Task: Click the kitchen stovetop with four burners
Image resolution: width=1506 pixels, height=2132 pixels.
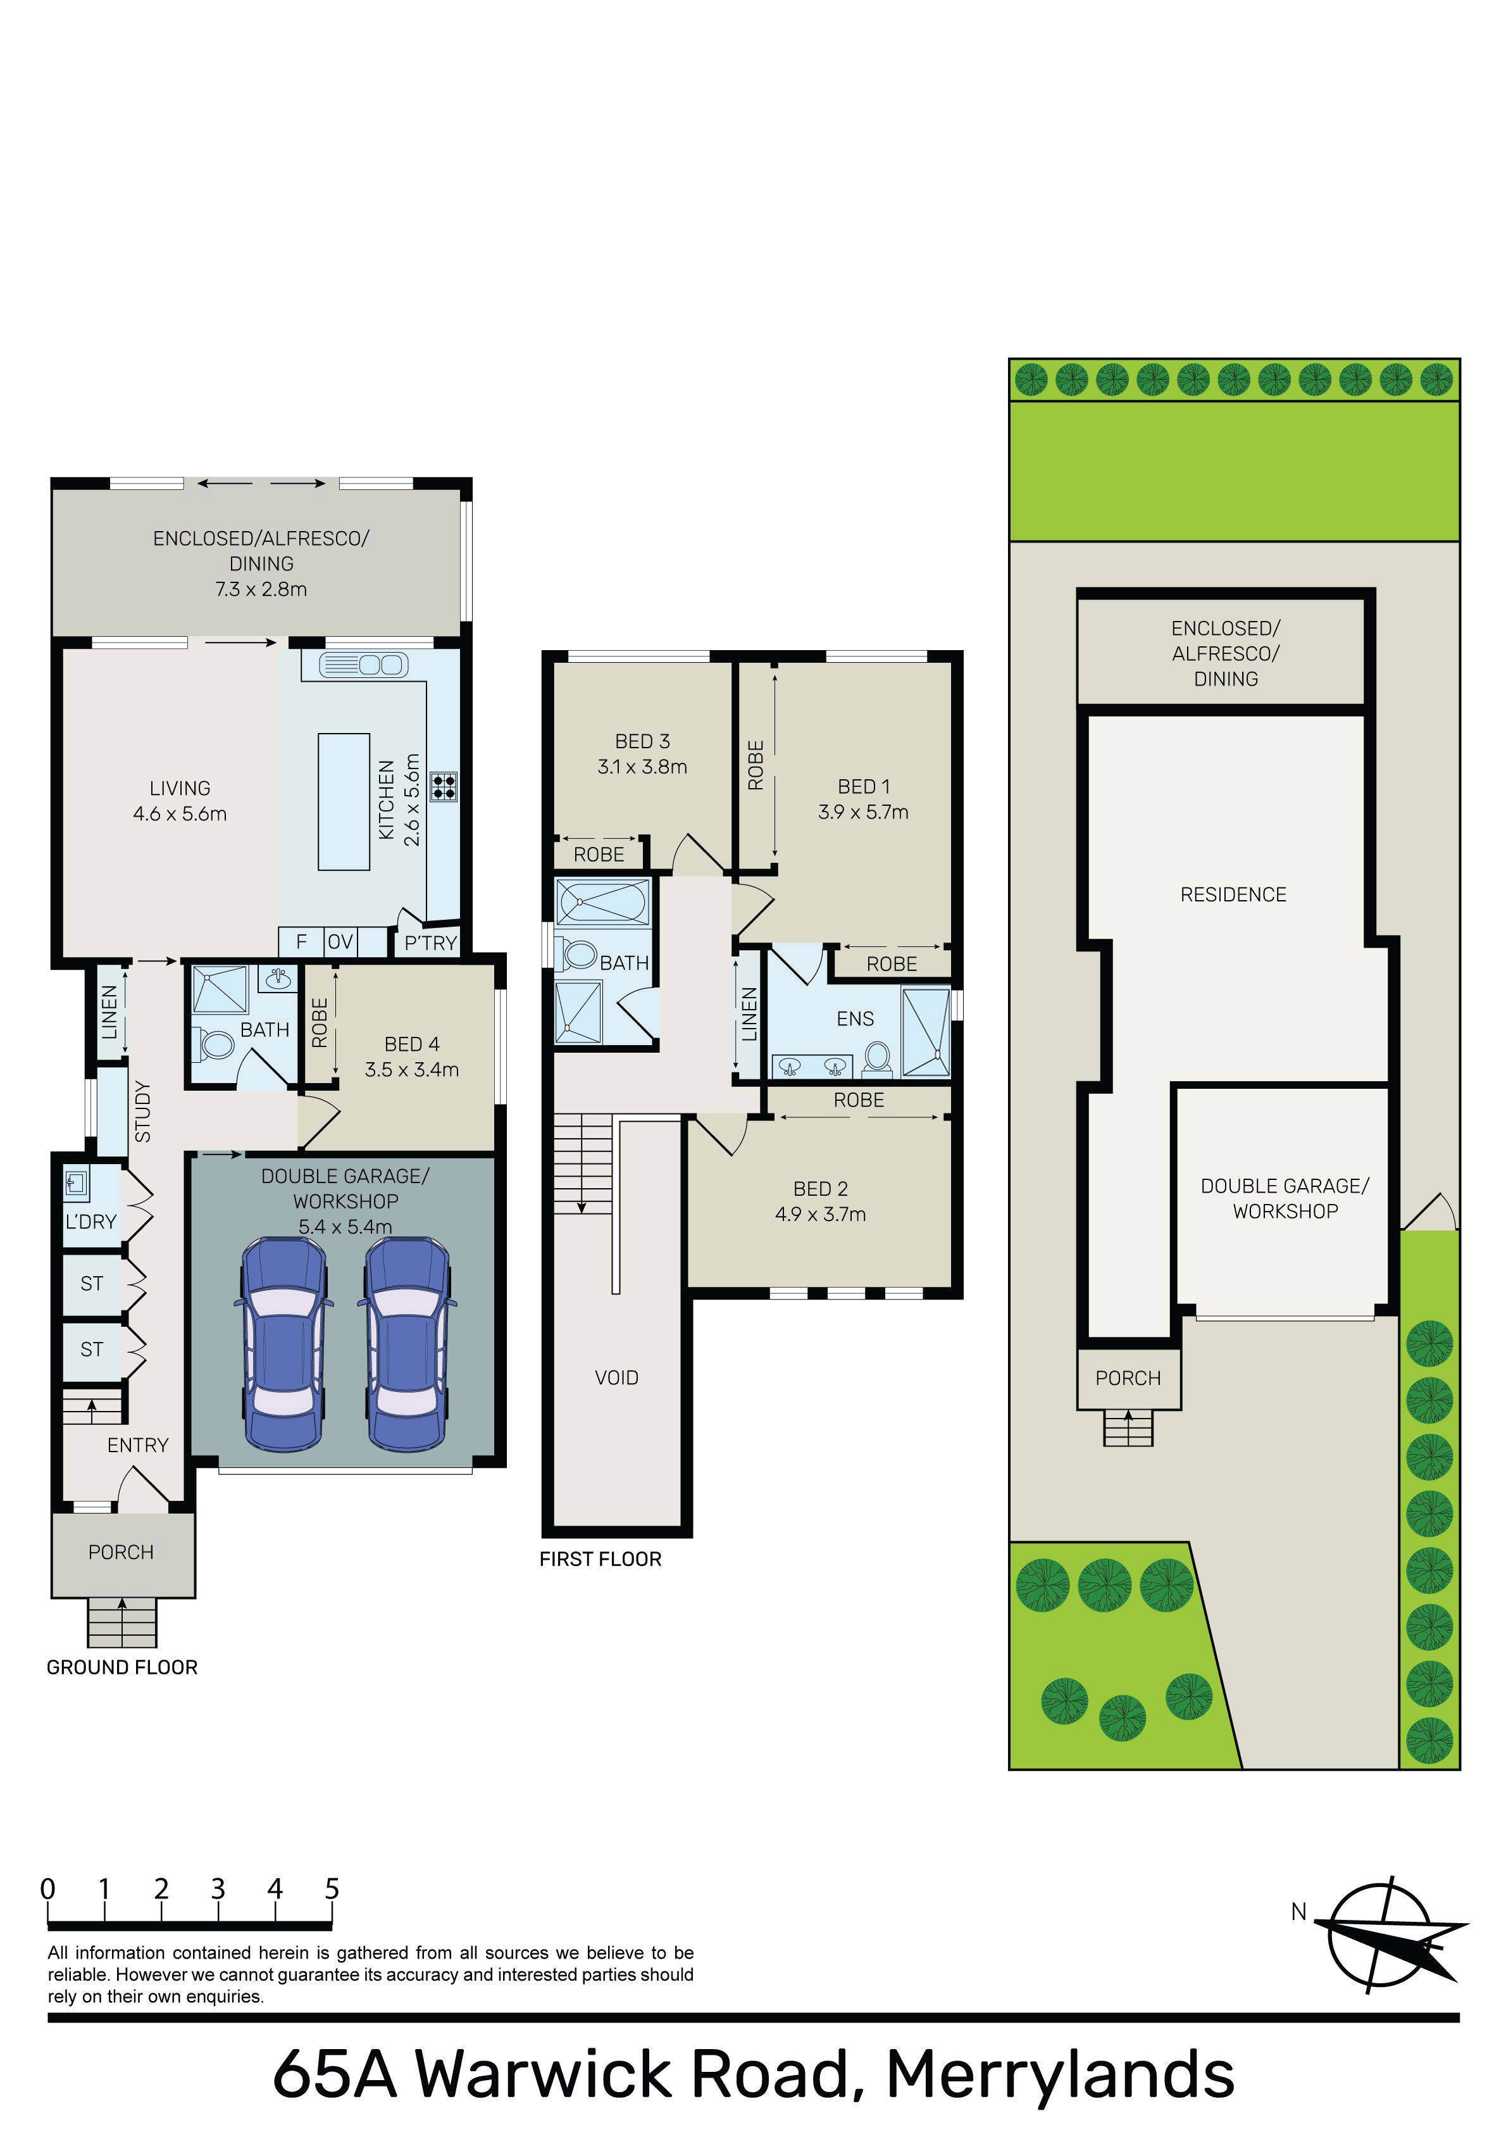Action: (444, 786)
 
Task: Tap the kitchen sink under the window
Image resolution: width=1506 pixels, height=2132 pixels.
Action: (363, 665)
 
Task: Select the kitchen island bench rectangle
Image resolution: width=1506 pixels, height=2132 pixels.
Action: (344, 801)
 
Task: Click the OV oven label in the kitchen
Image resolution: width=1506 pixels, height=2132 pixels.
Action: (340, 941)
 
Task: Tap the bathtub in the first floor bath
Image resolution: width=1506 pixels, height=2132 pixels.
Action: (602, 901)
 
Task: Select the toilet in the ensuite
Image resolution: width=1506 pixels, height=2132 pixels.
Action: (876, 1058)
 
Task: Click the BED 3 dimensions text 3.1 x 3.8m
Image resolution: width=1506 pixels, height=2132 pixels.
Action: (642, 767)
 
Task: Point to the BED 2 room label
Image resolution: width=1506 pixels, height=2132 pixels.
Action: (821, 1189)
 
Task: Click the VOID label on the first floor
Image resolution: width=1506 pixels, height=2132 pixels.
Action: (616, 1378)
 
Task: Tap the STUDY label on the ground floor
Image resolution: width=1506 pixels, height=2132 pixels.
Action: (142, 1112)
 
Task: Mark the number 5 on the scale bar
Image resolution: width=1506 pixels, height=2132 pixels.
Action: (332, 1889)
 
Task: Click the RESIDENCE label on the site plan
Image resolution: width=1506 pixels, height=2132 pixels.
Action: (1233, 894)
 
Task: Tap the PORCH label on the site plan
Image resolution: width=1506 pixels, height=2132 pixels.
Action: (1128, 1378)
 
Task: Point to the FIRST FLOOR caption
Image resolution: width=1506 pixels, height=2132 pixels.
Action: (601, 1559)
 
